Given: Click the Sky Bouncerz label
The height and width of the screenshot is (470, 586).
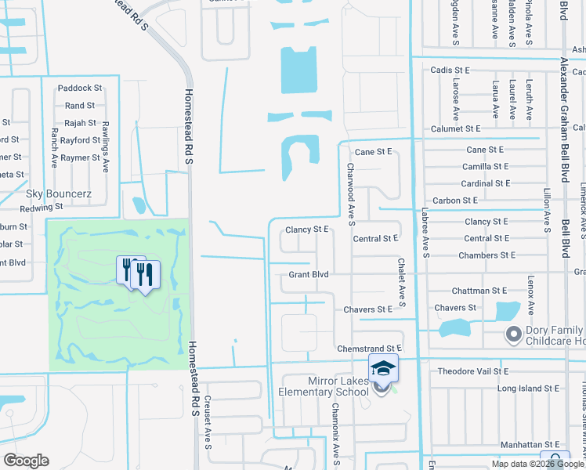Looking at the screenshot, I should pos(60,193).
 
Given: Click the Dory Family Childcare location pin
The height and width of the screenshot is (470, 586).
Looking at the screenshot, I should pos(514,335).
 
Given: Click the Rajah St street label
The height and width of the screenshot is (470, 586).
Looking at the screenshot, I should pos(80,123).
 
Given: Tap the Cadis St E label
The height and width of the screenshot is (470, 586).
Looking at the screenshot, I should pos(450,70).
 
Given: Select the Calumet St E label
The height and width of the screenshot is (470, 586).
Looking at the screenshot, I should pos(455,128).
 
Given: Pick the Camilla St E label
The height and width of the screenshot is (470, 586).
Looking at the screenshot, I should pos(486,166).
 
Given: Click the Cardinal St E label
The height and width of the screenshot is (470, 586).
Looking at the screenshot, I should pos(486,183).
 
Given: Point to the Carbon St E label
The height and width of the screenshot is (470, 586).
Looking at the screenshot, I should pos(458,201).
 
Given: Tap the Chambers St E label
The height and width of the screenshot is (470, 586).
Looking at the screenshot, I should pos(487,255).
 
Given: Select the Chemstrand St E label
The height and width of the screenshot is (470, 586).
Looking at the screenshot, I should pos(368,348).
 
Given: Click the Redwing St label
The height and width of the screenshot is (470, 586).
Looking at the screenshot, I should pos(42,208).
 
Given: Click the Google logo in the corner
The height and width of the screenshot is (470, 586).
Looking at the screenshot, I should pos(27,461).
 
